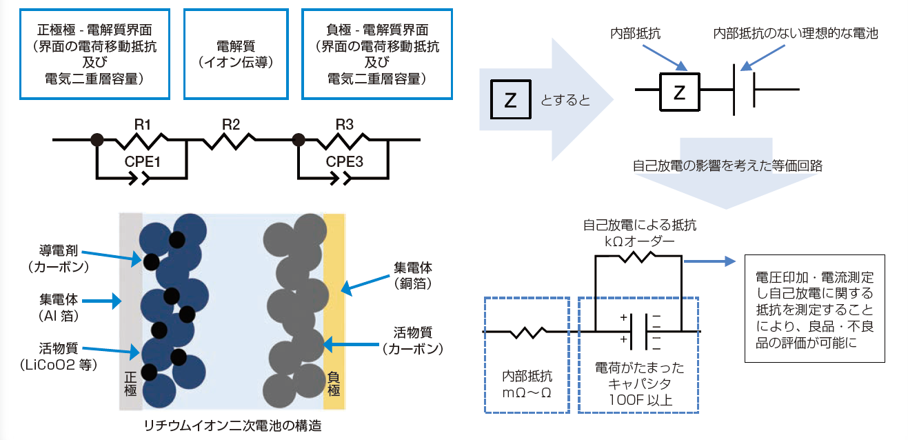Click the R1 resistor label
coord(142,125)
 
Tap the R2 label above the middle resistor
coord(231,125)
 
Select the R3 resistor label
coord(345,125)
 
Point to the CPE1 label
coord(142,161)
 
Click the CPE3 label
coord(344,161)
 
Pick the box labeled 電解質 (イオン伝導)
coord(236,54)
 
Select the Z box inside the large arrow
coord(511,99)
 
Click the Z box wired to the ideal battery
coord(680,92)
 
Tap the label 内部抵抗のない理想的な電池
coord(796,33)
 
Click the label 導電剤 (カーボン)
coord(59,259)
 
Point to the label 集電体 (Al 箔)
coord(59,308)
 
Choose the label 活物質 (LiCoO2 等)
coord(59,357)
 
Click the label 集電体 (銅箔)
coord(413,276)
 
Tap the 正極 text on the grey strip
coord(130,383)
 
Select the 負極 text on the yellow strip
coord(334,383)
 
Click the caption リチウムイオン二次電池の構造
coord(232,426)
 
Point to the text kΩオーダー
coord(639,241)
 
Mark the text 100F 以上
coord(640,400)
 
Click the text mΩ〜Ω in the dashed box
coord(527,392)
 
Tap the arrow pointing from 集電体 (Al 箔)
coord(102,301)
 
